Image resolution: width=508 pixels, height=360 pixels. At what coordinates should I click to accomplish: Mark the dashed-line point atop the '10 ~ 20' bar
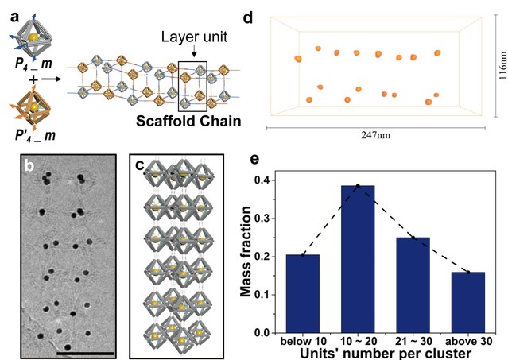tap(358, 185)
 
